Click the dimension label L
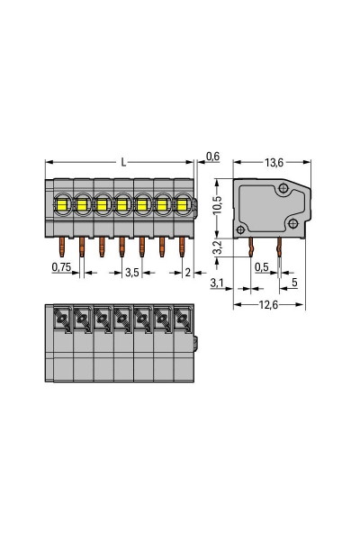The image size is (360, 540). coord(122,162)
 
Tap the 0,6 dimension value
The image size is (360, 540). coord(212,157)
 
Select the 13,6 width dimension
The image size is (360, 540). coord(275,162)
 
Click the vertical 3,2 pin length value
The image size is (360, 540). coord(215,247)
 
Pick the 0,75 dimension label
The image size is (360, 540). coord(61,268)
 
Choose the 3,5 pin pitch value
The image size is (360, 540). coord(131,271)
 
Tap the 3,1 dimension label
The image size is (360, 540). coord(216,284)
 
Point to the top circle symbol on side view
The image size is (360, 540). coord(283,188)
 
